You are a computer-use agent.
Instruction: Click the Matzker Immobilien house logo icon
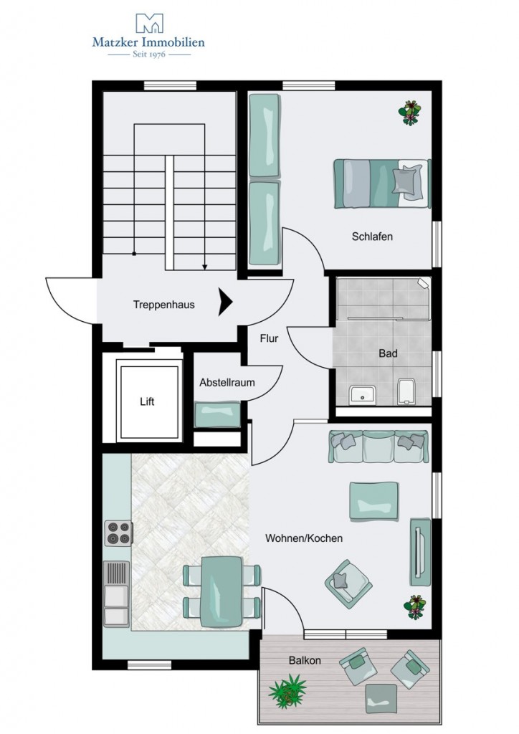pyautogui.click(x=149, y=24)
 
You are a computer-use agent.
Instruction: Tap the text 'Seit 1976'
pyautogui.click(x=149, y=54)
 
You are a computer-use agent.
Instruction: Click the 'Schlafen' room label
pyautogui.click(x=372, y=237)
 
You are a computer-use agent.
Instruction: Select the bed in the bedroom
pyautogui.click(x=382, y=183)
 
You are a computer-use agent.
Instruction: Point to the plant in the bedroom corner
pyautogui.click(x=410, y=113)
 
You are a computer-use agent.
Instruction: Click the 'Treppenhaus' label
pyautogui.click(x=163, y=305)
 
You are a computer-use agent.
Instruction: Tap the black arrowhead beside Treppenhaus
pyautogui.click(x=226, y=302)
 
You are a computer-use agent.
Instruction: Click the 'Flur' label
pyautogui.click(x=269, y=338)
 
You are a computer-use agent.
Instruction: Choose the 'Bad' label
pyautogui.click(x=388, y=353)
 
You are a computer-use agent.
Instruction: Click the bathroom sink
pyautogui.click(x=362, y=394)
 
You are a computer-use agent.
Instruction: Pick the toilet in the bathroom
pyautogui.click(x=406, y=391)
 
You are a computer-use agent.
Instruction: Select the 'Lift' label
pyautogui.click(x=147, y=401)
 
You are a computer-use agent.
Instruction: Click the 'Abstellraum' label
pyautogui.click(x=227, y=383)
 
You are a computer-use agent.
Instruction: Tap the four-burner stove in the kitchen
pyautogui.click(x=118, y=533)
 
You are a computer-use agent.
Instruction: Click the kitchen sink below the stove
pyautogui.click(x=116, y=594)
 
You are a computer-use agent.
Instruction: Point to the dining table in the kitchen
pyautogui.click(x=222, y=591)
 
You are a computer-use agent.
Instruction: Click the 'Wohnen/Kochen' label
pyautogui.click(x=304, y=538)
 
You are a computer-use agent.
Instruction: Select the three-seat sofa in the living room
pyautogui.click(x=378, y=447)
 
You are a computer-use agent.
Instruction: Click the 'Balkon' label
pyautogui.click(x=305, y=660)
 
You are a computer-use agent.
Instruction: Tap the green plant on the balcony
pyautogui.click(x=287, y=690)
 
